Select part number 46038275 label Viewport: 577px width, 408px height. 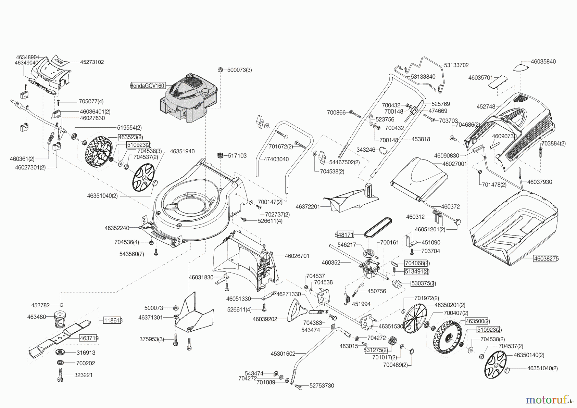[546, 259]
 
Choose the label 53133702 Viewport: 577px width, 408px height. [456, 65]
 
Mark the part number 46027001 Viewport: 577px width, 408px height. [454, 164]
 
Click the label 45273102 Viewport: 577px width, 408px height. [88, 62]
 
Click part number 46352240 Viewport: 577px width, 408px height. [117, 228]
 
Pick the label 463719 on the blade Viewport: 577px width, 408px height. [89, 338]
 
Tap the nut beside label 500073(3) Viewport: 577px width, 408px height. [220, 70]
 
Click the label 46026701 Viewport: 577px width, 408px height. [297, 256]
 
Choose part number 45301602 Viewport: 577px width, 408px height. [283, 354]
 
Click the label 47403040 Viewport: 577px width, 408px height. [276, 159]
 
